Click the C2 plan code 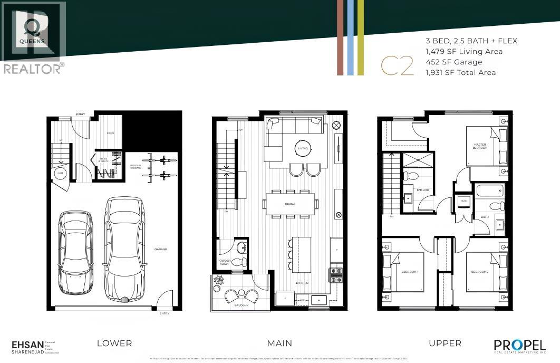[x=397, y=67]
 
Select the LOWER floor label [x=114, y=343]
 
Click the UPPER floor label [x=445, y=343]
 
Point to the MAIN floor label [x=279, y=343]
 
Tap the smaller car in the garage [x=75, y=252]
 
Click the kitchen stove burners [x=335, y=274]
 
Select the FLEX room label [x=111, y=133]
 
